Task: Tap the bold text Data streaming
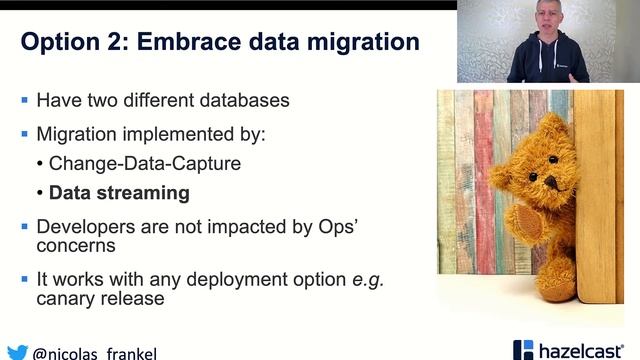click(119, 192)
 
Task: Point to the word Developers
click(85, 226)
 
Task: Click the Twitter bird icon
click(16, 352)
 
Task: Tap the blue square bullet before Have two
click(25, 101)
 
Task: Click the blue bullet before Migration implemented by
click(25, 133)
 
